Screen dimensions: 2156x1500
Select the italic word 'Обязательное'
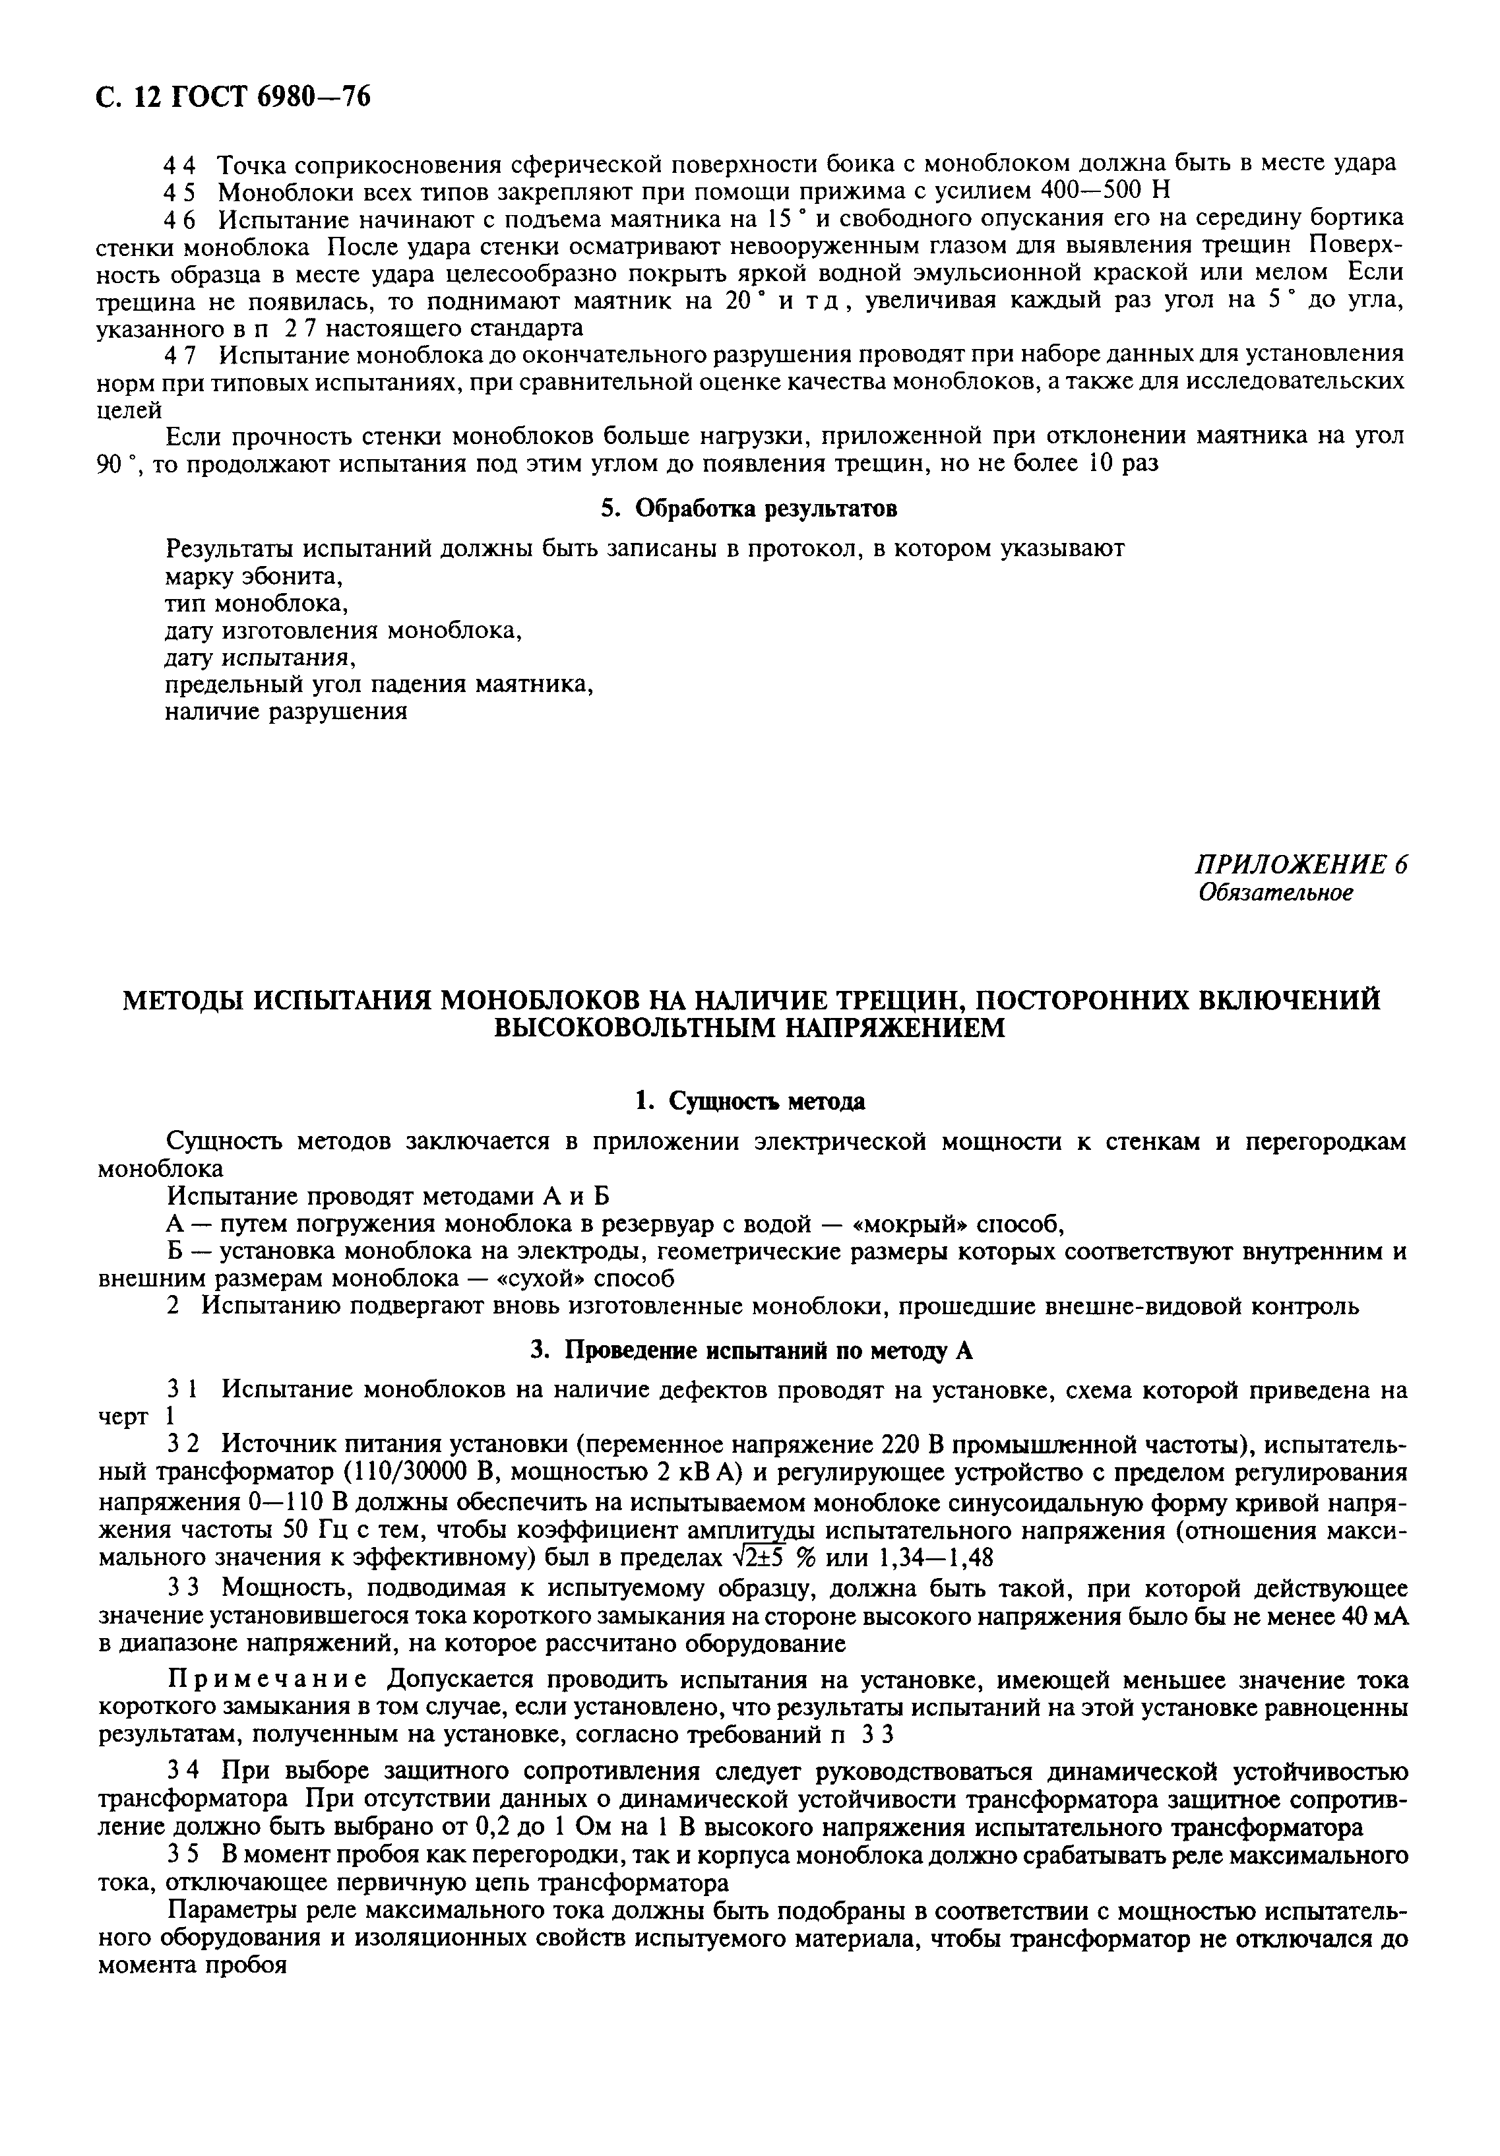(x=1276, y=893)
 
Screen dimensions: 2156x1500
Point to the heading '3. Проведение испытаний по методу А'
(x=751, y=1350)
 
